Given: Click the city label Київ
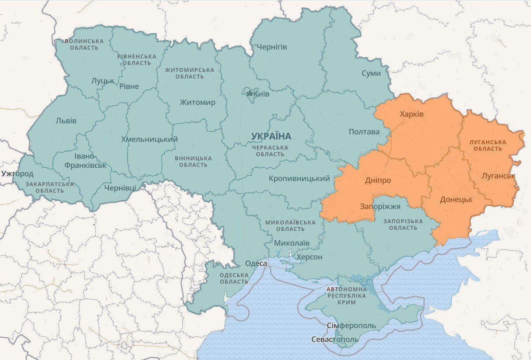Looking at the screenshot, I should (x=261, y=94).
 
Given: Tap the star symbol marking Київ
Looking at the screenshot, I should (x=250, y=94).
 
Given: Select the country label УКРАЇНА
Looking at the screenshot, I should (x=271, y=136).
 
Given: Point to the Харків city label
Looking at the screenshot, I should (x=412, y=114).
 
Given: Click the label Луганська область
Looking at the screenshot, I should (x=487, y=145).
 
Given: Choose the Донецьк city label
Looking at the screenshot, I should (x=456, y=199).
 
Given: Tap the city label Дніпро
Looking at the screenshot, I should (x=378, y=180).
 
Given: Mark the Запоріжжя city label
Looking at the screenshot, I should (x=380, y=207).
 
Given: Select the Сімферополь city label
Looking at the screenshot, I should (x=351, y=326).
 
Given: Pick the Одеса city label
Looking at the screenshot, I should (x=256, y=263).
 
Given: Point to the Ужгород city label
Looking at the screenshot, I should (x=17, y=173).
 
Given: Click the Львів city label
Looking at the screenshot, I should (x=66, y=121).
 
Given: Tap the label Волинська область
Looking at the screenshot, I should (x=84, y=44).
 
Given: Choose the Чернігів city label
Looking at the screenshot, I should (x=271, y=47).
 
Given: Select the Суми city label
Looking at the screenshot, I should (x=371, y=73).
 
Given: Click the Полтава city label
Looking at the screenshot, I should (x=364, y=132).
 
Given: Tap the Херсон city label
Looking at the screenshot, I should (x=309, y=257).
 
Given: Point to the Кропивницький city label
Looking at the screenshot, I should (x=299, y=178).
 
